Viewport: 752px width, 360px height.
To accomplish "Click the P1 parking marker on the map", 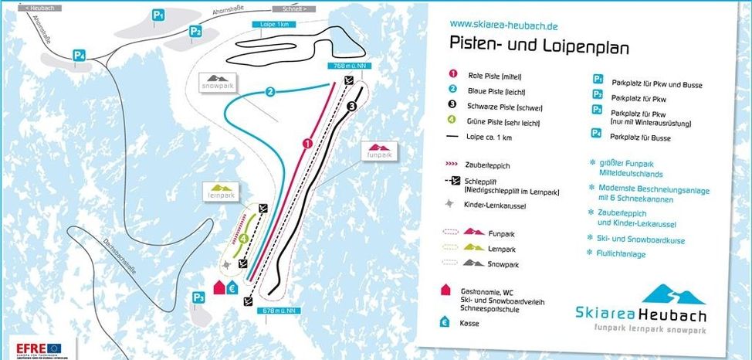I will click(x=158, y=15).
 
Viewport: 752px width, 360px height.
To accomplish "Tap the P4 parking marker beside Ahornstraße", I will click(x=78, y=55).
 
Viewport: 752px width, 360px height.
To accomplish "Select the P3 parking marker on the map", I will click(x=198, y=297).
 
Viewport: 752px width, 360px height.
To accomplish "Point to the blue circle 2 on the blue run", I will click(x=270, y=92).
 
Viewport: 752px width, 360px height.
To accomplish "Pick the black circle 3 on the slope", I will click(x=351, y=106).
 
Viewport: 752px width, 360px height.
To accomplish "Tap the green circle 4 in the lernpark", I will click(x=244, y=239).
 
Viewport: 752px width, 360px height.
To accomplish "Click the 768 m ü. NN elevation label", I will click(x=347, y=66).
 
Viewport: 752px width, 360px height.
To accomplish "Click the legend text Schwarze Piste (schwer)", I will click(x=500, y=105).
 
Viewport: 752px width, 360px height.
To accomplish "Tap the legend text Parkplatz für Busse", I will click(x=639, y=138).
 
